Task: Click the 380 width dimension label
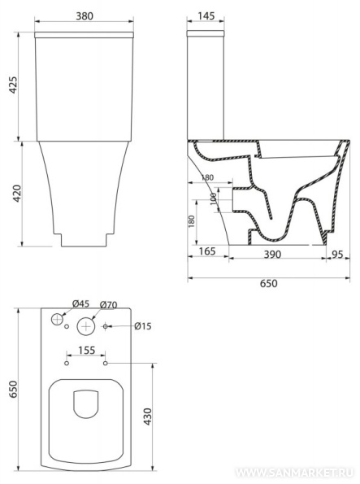pos(85,16)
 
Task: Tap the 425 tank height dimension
pos(14,85)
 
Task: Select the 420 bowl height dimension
pos(16,194)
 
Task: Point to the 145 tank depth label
pos(206,16)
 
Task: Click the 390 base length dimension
pos(272,255)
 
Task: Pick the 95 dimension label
pos(337,255)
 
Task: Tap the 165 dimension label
pos(207,251)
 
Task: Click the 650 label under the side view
pos(268,283)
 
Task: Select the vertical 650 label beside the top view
pos(14,390)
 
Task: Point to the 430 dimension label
pos(148,416)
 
